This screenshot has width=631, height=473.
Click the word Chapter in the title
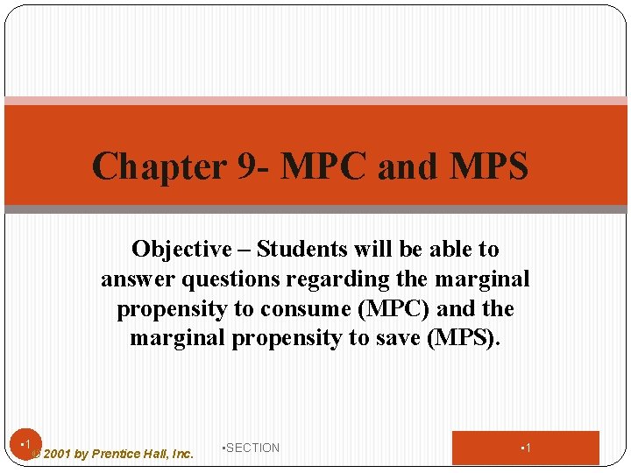pyautogui.click(x=159, y=166)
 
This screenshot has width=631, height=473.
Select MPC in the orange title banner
pyautogui.click(x=324, y=166)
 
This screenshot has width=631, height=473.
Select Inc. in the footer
pyautogui.click(x=182, y=454)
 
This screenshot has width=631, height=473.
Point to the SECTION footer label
pyautogui.click(x=252, y=448)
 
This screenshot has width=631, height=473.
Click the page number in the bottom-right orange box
pyautogui.click(x=526, y=448)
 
